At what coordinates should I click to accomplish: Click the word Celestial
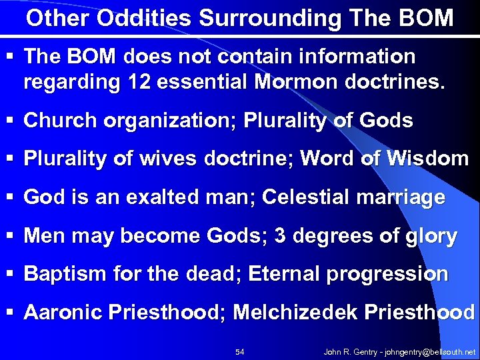pyautogui.click(x=305, y=197)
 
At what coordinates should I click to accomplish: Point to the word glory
pyautogui.click(x=432, y=236)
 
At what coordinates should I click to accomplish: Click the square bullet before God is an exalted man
pyautogui.click(x=13, y=198)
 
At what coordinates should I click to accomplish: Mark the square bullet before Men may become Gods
pyautogui.click(x=13, y=236)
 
